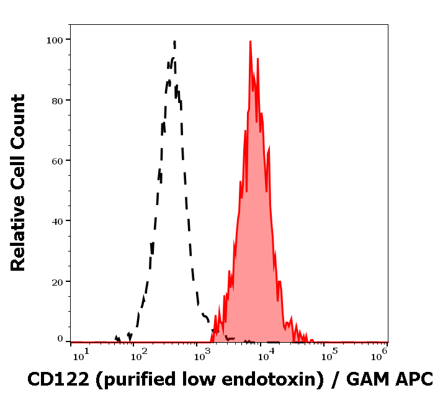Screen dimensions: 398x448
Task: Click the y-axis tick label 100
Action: [x=55, y=40]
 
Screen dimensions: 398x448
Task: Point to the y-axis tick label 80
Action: [x=57, y=100]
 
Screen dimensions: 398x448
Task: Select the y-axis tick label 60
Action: [x=57, y=160]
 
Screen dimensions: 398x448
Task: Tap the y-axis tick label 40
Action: [x=57, y=220]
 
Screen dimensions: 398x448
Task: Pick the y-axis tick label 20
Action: [x=57, y=281]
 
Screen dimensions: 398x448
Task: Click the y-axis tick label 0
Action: [x=60, y=339]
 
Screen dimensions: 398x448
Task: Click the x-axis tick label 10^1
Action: [x=81, y=354]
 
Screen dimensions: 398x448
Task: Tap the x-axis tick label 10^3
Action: [x=202, y=354]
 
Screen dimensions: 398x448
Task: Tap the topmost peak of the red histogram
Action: [x=250, y=42]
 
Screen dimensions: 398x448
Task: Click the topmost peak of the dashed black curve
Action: [x=175, y=42]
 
